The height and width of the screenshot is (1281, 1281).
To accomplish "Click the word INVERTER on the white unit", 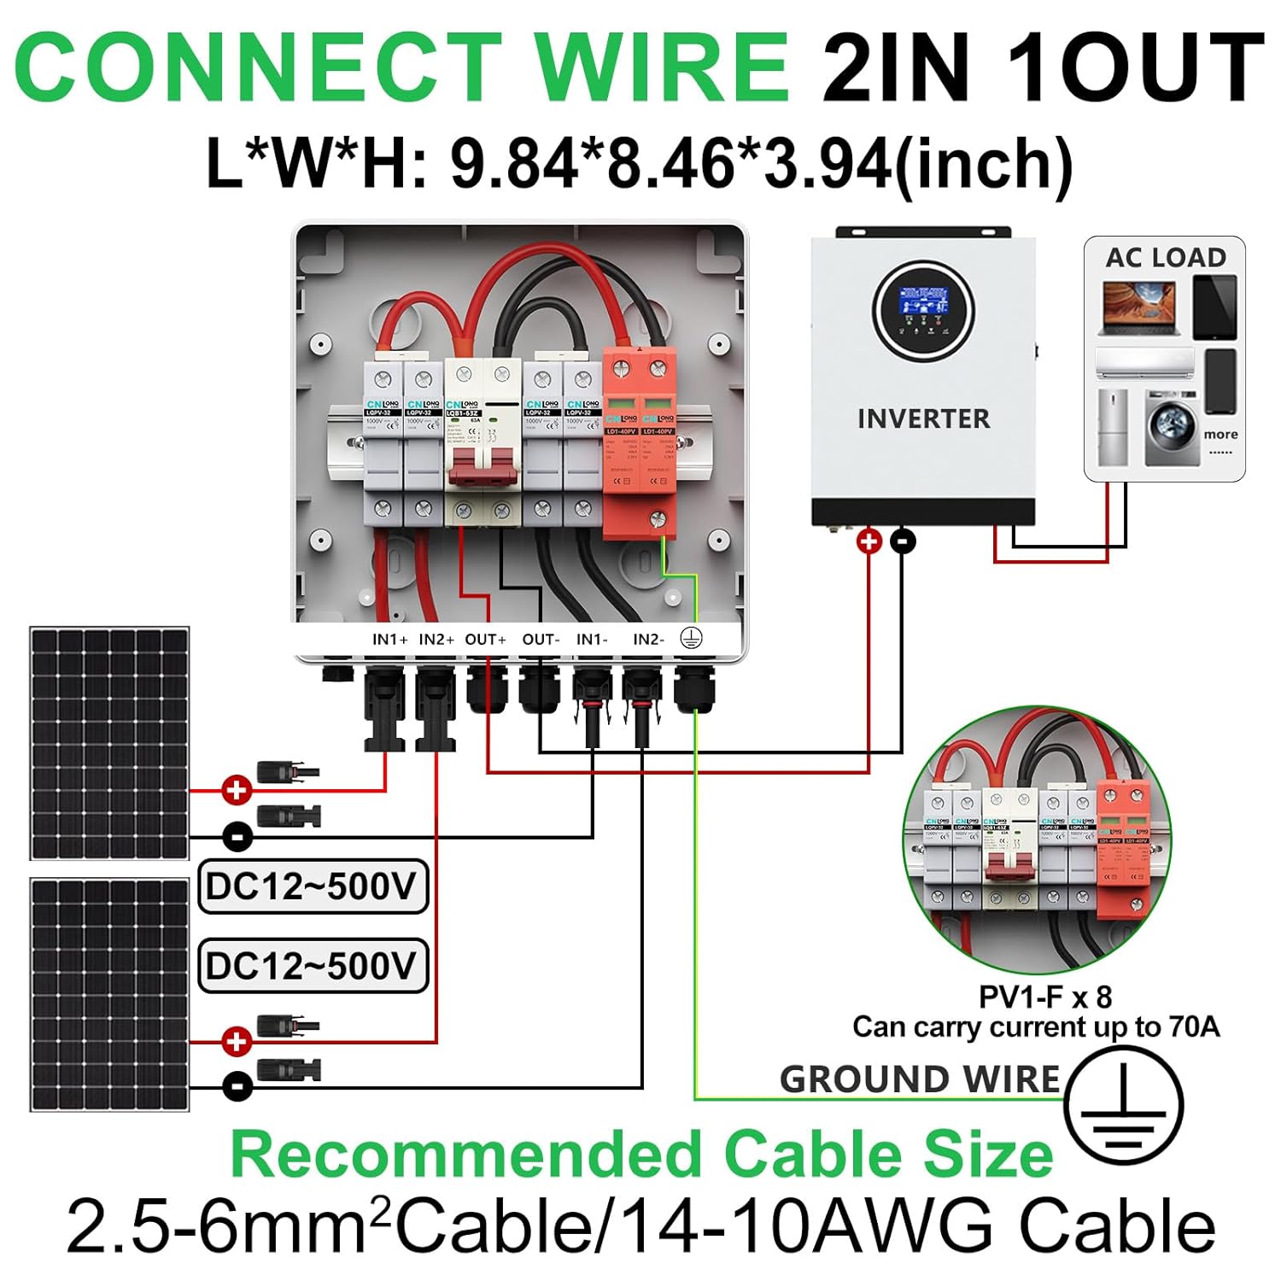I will tap(923, 418).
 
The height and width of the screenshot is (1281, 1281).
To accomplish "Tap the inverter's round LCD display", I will tap(923, 309).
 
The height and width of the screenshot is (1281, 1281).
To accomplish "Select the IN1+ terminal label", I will tap(389, 639).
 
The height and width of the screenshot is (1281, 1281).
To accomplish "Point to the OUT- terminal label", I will tap(541, 639).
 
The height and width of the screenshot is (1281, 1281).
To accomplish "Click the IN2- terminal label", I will tap(648, 639).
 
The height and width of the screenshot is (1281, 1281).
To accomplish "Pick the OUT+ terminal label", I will tap(485, 639).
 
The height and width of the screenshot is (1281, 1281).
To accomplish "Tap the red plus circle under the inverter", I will tap(869, 541).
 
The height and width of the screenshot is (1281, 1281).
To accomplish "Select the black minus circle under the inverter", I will tap(903, 541).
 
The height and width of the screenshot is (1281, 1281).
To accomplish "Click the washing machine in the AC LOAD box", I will tap(1172, 427).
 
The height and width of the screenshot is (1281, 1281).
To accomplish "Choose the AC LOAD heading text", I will tap(1166, 257).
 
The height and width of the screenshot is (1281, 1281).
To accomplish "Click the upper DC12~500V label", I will tap(312, 886).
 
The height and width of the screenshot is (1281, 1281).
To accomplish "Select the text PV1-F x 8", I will tap(1044, 997).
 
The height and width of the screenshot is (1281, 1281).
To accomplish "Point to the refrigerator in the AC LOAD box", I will tap(1112, 427).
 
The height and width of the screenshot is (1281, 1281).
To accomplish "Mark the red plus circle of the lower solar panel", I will tap(237, 1041).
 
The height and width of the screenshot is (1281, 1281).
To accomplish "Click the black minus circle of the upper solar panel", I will tap(237, 836).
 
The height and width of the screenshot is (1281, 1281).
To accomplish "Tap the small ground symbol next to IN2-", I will tap(691, 638).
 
